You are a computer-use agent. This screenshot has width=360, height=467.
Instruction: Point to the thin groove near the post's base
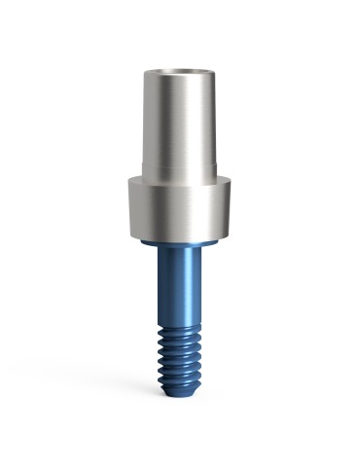pos(181,167)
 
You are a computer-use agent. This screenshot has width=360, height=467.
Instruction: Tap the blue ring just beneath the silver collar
pos(181,243)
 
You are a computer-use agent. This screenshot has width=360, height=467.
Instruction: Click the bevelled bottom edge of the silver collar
pos(181,236)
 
